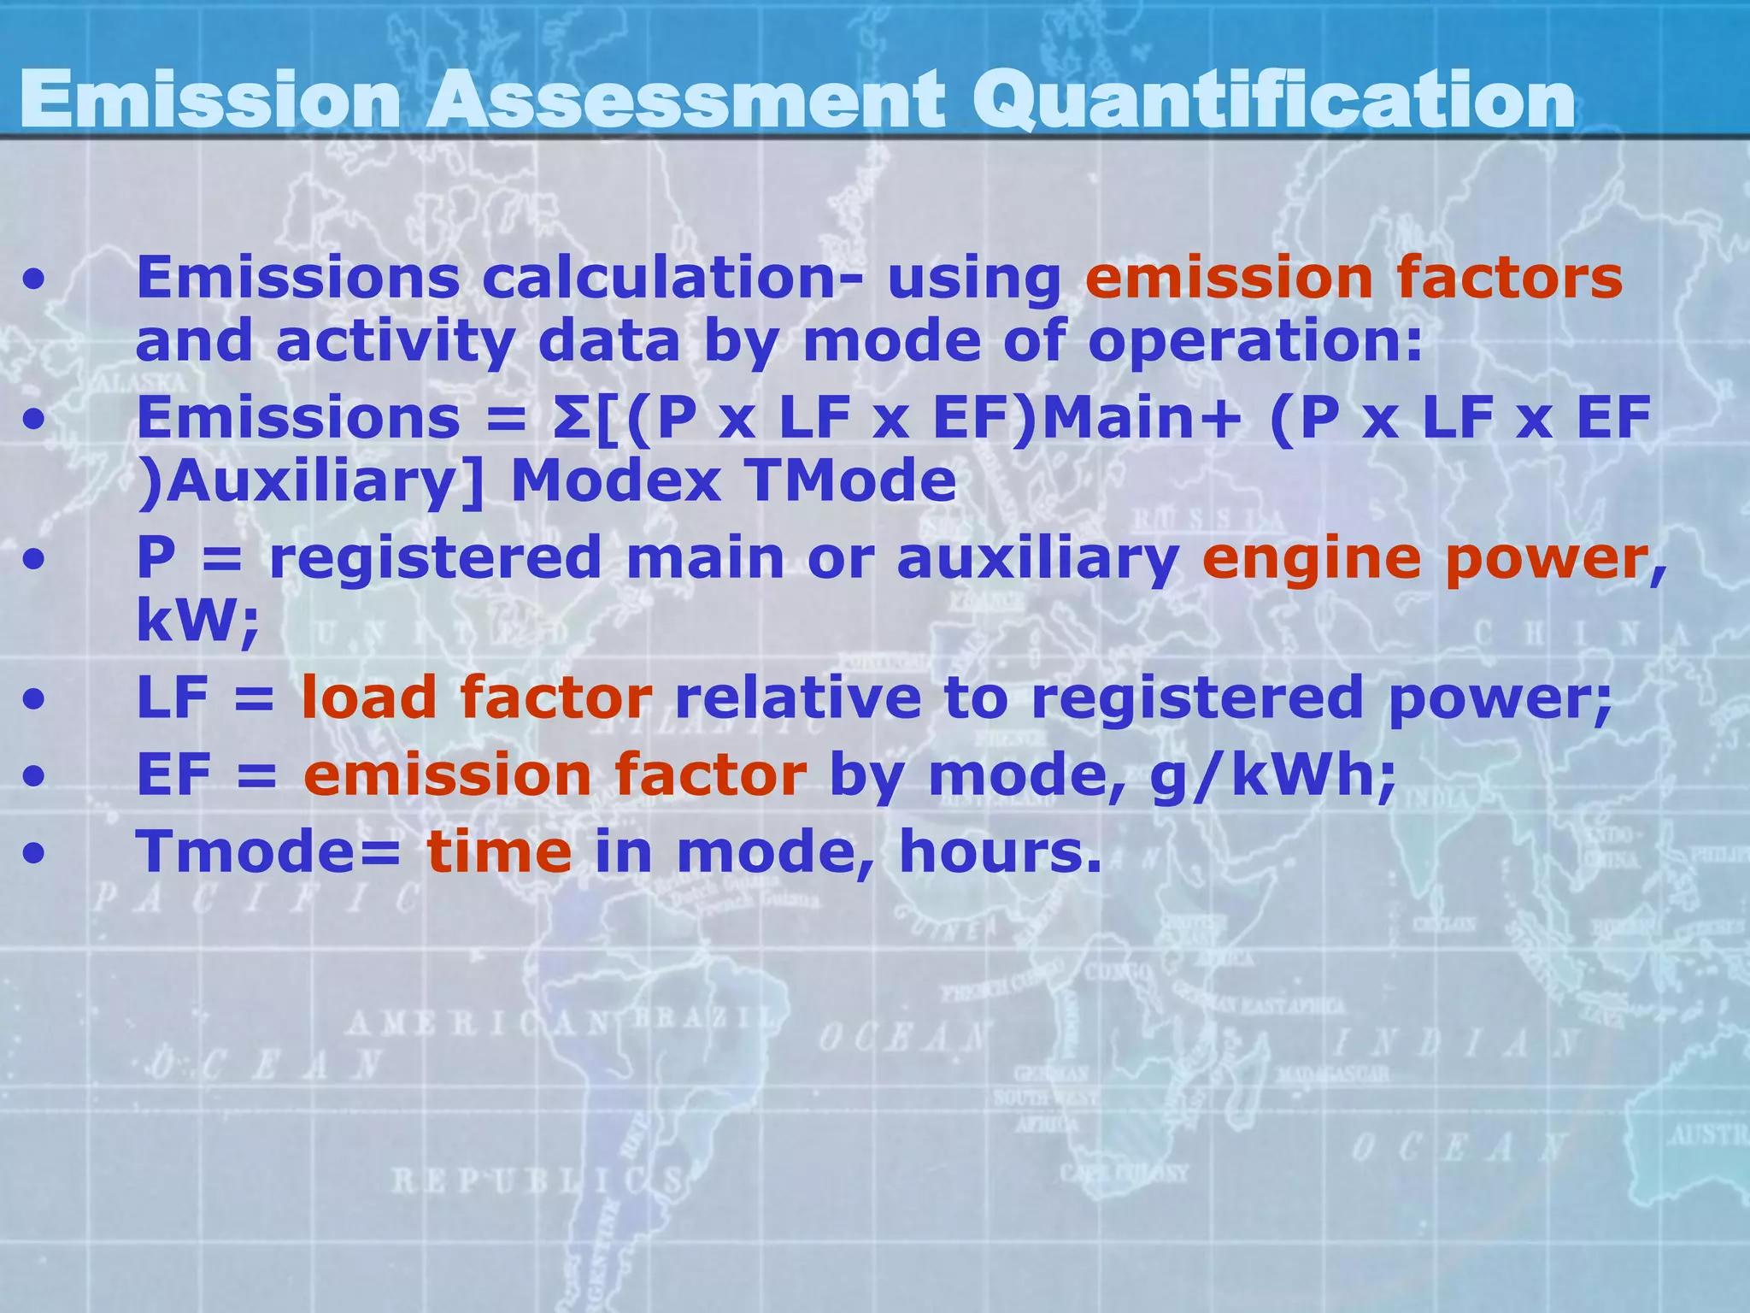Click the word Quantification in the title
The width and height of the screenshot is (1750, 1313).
coord(1273,101)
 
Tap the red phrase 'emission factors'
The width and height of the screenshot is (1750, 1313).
coord(1354,279)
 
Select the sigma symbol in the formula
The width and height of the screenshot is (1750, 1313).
coord(570,418)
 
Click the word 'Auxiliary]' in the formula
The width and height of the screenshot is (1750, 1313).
coord(311,481)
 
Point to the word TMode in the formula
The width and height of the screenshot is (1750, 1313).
coord(850,480)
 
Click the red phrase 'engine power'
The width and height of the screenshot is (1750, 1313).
coord(1425,559)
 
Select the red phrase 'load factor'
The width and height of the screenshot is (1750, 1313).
coord(477,698)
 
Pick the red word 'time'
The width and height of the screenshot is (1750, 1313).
coord(499,852)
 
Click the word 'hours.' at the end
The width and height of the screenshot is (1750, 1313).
coord(1001,852)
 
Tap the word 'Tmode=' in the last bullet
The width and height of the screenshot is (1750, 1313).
coord(267,852)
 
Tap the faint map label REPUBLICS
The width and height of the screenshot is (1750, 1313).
coord(537,1181)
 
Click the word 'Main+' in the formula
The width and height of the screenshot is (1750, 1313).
coord(1141,418)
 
